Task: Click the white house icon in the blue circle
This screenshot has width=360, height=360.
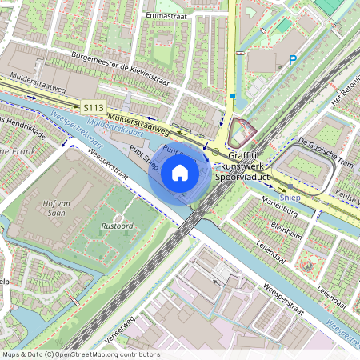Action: pyautogui.click(x=180, y=172)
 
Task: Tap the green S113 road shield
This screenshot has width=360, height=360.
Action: pyautogui.click(x=92, y=106)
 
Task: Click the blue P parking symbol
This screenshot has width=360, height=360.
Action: pyautogui.click(x=293, y=59)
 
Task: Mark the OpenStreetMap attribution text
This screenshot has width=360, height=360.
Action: pyautogui.click(x=81, y=354)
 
